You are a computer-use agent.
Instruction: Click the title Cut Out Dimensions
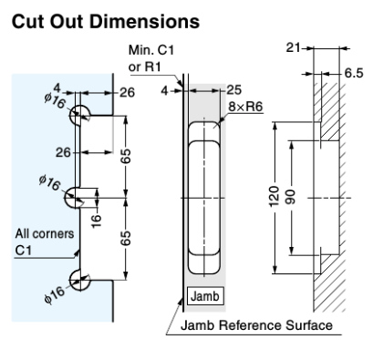[x=106, y=22]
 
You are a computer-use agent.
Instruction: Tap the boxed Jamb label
[x=205, y=296]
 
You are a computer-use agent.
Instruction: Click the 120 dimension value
[x=275, y=196]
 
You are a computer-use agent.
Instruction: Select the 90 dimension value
[x=291, y=197]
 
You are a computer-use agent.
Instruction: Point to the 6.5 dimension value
[x=354, y=73]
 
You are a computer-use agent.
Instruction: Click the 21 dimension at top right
[x=293, y=47]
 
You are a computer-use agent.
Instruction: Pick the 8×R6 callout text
[x=245, y=107]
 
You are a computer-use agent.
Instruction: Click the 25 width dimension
[x=233, y=90]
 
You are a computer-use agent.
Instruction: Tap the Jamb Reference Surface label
[x=256, y=325]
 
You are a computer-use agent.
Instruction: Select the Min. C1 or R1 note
[x=151, y=58]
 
